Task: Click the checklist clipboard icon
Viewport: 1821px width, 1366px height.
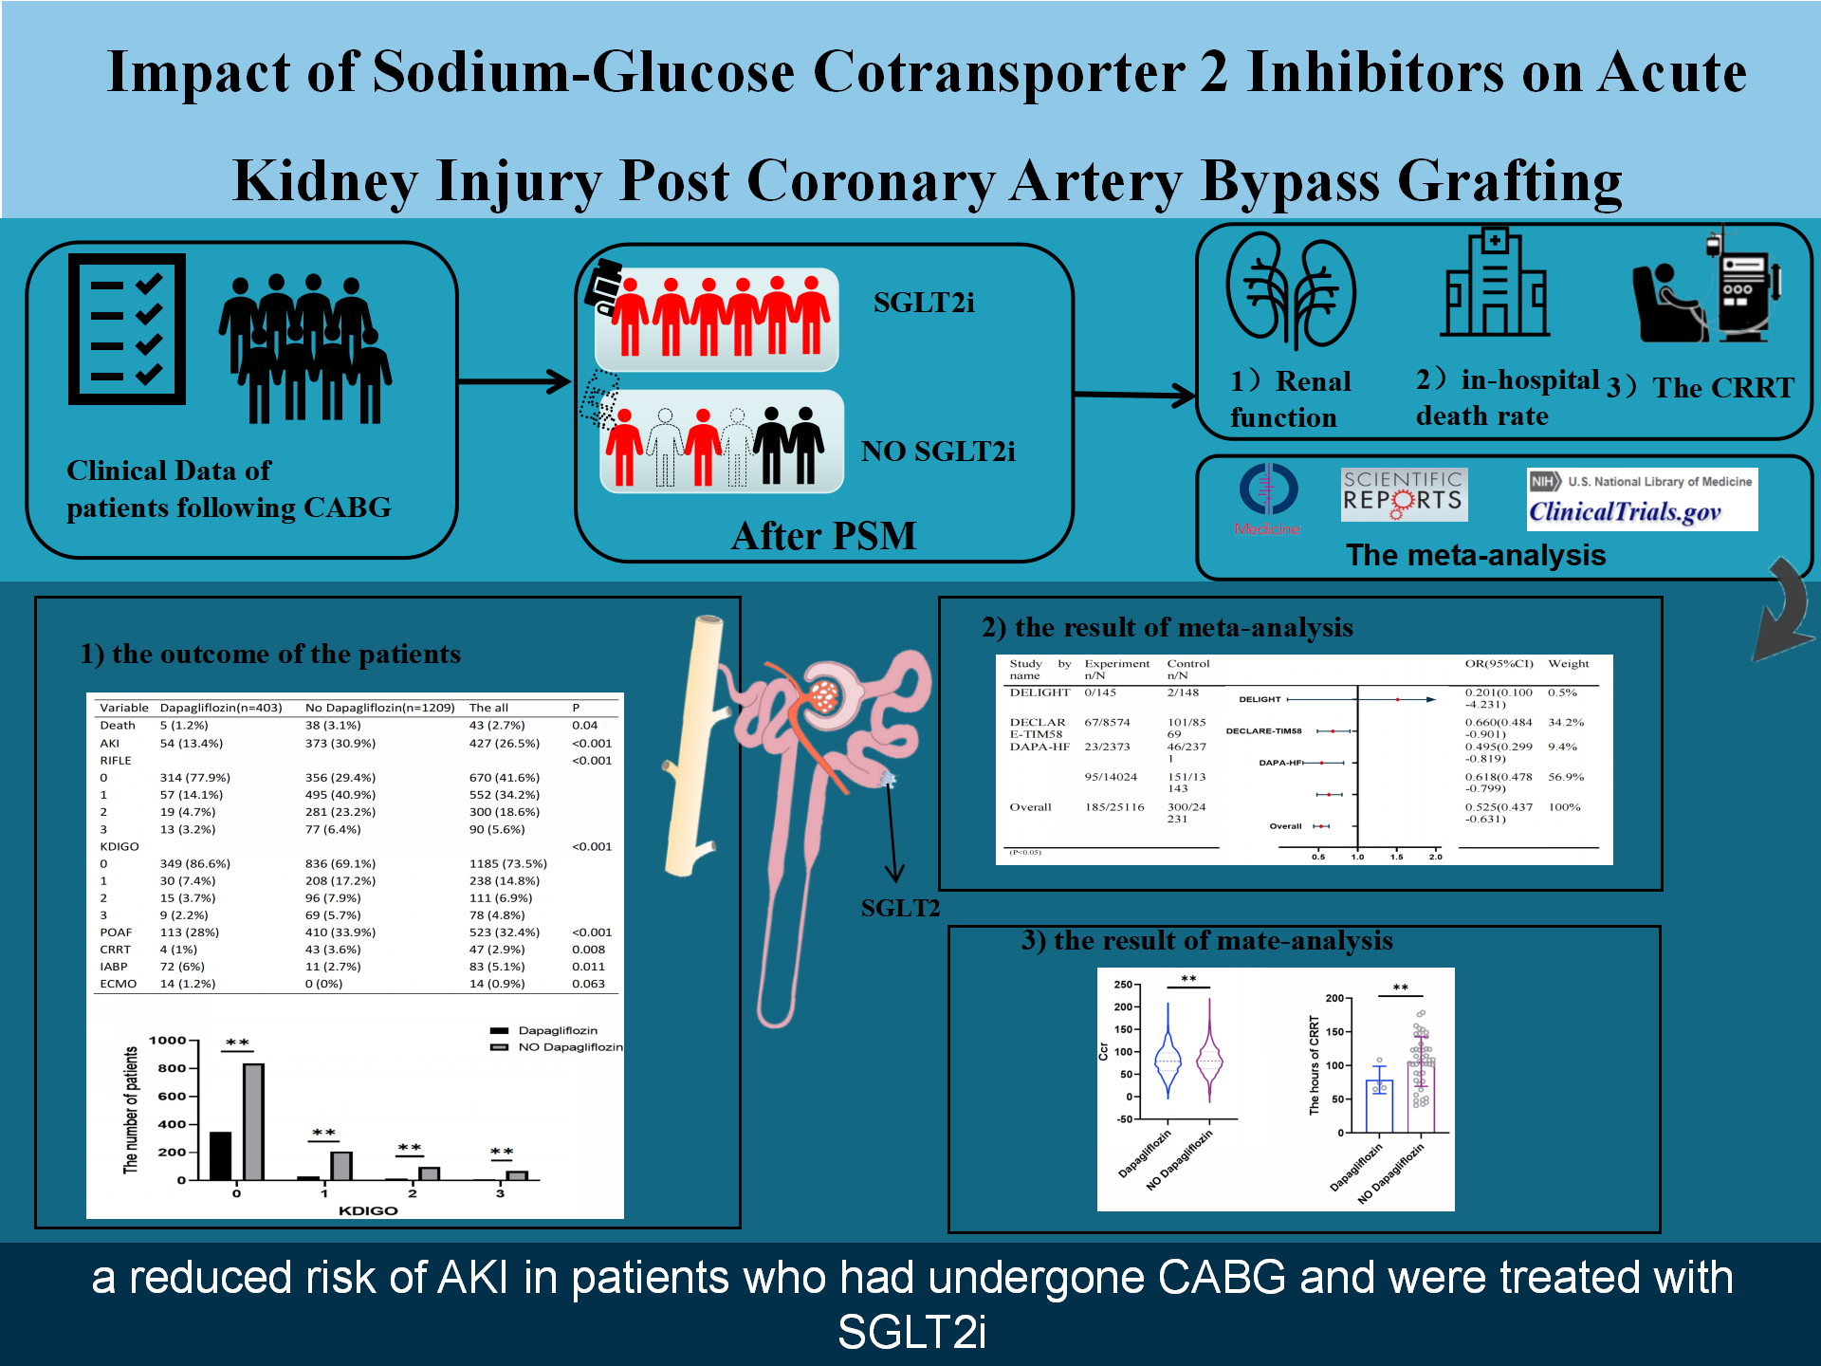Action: [126, 329]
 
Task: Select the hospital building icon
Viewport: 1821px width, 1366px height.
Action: [1495, 285]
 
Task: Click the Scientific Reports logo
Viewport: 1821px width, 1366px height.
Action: [1403, 493]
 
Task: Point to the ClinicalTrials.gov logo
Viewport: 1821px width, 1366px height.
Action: [1641, 500]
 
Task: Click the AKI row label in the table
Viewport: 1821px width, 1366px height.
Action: [109, 743]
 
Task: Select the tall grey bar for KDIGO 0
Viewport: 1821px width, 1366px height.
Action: [253, 1121]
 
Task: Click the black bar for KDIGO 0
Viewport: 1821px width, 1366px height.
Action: [220, 1155]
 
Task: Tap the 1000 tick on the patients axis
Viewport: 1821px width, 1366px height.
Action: [168, 1041]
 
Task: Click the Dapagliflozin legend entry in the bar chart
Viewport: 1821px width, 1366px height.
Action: [557, 1030]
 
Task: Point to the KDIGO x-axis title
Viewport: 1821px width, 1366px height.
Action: [368, 1210]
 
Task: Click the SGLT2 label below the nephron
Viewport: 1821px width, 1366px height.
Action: [899, 908]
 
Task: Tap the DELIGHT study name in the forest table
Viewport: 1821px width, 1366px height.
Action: [1039, 692]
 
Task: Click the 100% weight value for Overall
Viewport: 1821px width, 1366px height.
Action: [1564, 807]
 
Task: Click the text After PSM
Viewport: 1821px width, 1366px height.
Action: [823, 536]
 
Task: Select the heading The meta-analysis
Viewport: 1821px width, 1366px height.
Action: [1476, 555]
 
